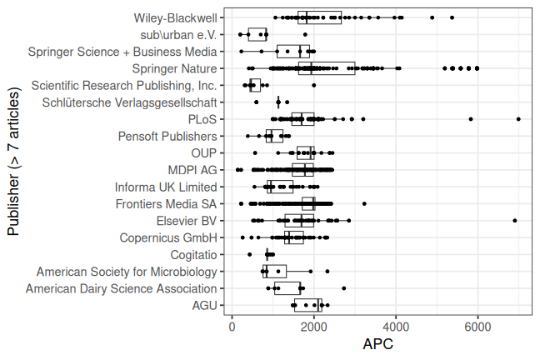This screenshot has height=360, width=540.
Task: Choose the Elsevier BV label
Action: (187, 221)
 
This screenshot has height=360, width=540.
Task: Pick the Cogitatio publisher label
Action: (193, 255)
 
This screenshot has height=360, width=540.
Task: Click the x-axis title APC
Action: (377, 344)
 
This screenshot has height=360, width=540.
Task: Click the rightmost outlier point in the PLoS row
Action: (518, 119)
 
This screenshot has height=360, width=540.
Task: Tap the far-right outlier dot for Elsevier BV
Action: (515, 221)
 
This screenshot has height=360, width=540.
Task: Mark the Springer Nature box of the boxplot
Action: (327, 68)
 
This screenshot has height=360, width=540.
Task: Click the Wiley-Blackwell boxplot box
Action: (319, 17)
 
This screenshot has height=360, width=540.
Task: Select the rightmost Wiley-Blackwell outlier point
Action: (452, 17)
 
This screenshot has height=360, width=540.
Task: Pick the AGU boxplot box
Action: (307, 306)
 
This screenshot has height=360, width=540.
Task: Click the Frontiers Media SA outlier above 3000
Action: (364, 204)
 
